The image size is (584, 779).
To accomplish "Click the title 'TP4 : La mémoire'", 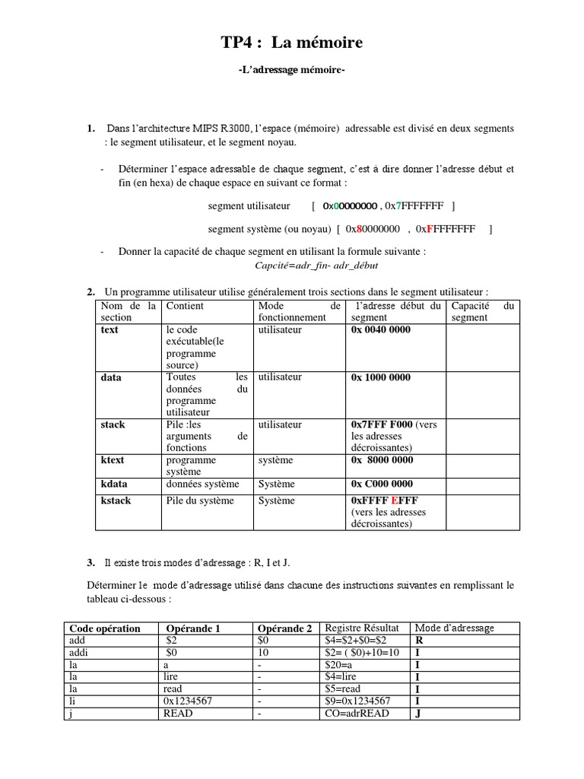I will [292, 43].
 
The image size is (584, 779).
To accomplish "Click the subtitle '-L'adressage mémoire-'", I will [292, 71].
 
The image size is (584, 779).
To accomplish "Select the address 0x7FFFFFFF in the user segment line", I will [415, 206].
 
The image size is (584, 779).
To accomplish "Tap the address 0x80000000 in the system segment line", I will [373, 229].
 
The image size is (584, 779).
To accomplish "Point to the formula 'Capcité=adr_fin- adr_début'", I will [316, 265].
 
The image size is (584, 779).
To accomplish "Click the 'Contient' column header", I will [185, 306].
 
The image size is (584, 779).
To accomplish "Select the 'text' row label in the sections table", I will [109, 330].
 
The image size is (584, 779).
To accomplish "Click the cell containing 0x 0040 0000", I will [380, 330].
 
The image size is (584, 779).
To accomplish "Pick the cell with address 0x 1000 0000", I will [380, 377].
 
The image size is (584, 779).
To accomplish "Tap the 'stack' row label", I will [113, 424].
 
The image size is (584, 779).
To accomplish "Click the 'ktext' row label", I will [113, 459].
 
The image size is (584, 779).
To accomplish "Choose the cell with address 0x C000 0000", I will [382, 484].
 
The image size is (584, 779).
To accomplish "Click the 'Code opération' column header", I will [105, 628].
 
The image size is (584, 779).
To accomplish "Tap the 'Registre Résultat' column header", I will [361, 628].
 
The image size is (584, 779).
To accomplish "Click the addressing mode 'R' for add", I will [418, 641].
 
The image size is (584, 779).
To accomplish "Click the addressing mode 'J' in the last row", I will [417, 714].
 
